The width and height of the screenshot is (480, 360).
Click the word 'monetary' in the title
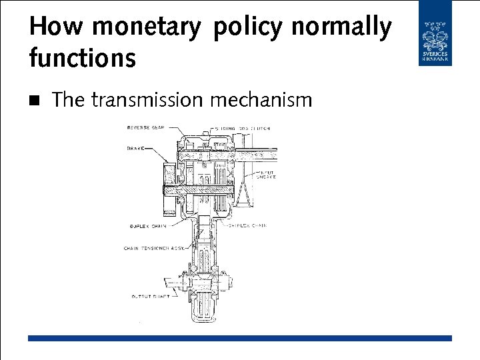tap(146, 28)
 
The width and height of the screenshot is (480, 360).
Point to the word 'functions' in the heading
tap(82, 58)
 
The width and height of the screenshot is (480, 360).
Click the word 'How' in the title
tap(57, 28)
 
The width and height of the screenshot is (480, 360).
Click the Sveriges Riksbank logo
tap(435, 33)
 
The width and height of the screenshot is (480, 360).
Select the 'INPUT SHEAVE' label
tap(268, 175)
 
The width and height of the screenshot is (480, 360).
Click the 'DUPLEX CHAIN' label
tap(148, 227)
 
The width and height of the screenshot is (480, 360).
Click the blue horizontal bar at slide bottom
tap(240, 339)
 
